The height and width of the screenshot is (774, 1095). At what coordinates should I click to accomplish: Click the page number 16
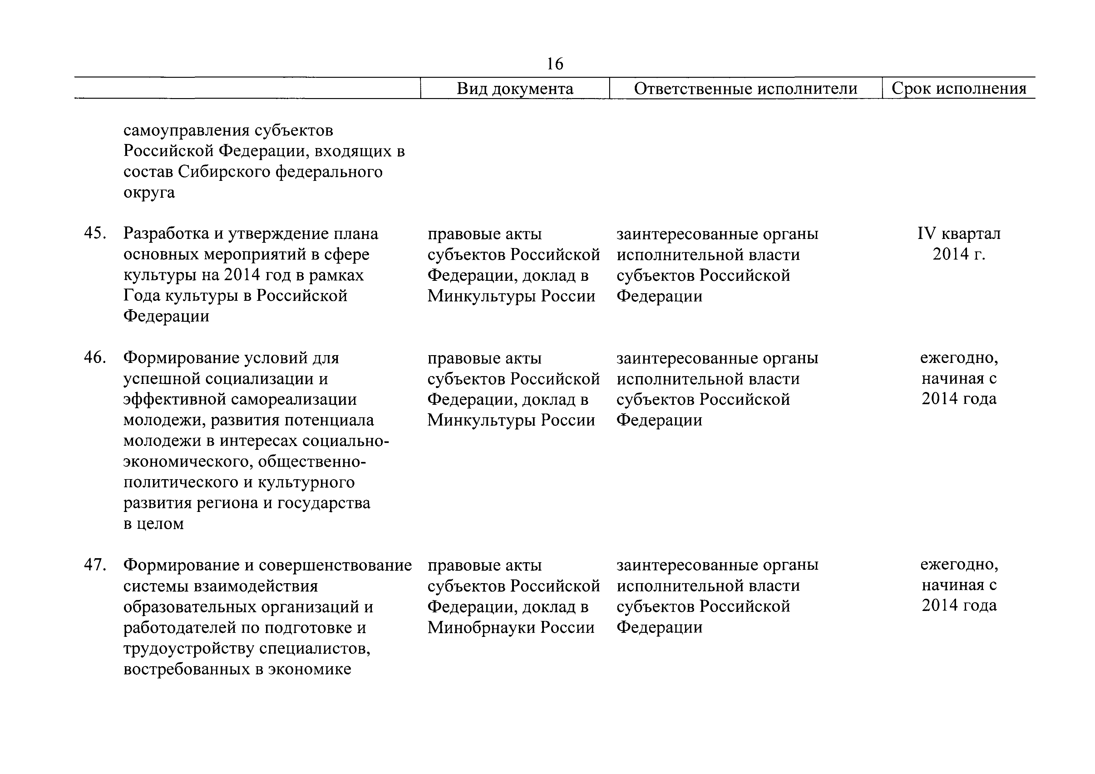[x=555, y=63]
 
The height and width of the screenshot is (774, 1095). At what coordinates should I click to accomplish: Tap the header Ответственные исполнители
[x=745, y=89]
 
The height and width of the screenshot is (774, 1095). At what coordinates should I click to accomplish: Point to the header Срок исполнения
[x=959, y=89]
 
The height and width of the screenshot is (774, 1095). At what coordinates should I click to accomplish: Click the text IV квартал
[x=959, y=234]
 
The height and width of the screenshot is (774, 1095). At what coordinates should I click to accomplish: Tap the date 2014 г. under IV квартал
[x=959, y=254]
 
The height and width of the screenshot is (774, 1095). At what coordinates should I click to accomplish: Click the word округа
[x=149, y=193]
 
